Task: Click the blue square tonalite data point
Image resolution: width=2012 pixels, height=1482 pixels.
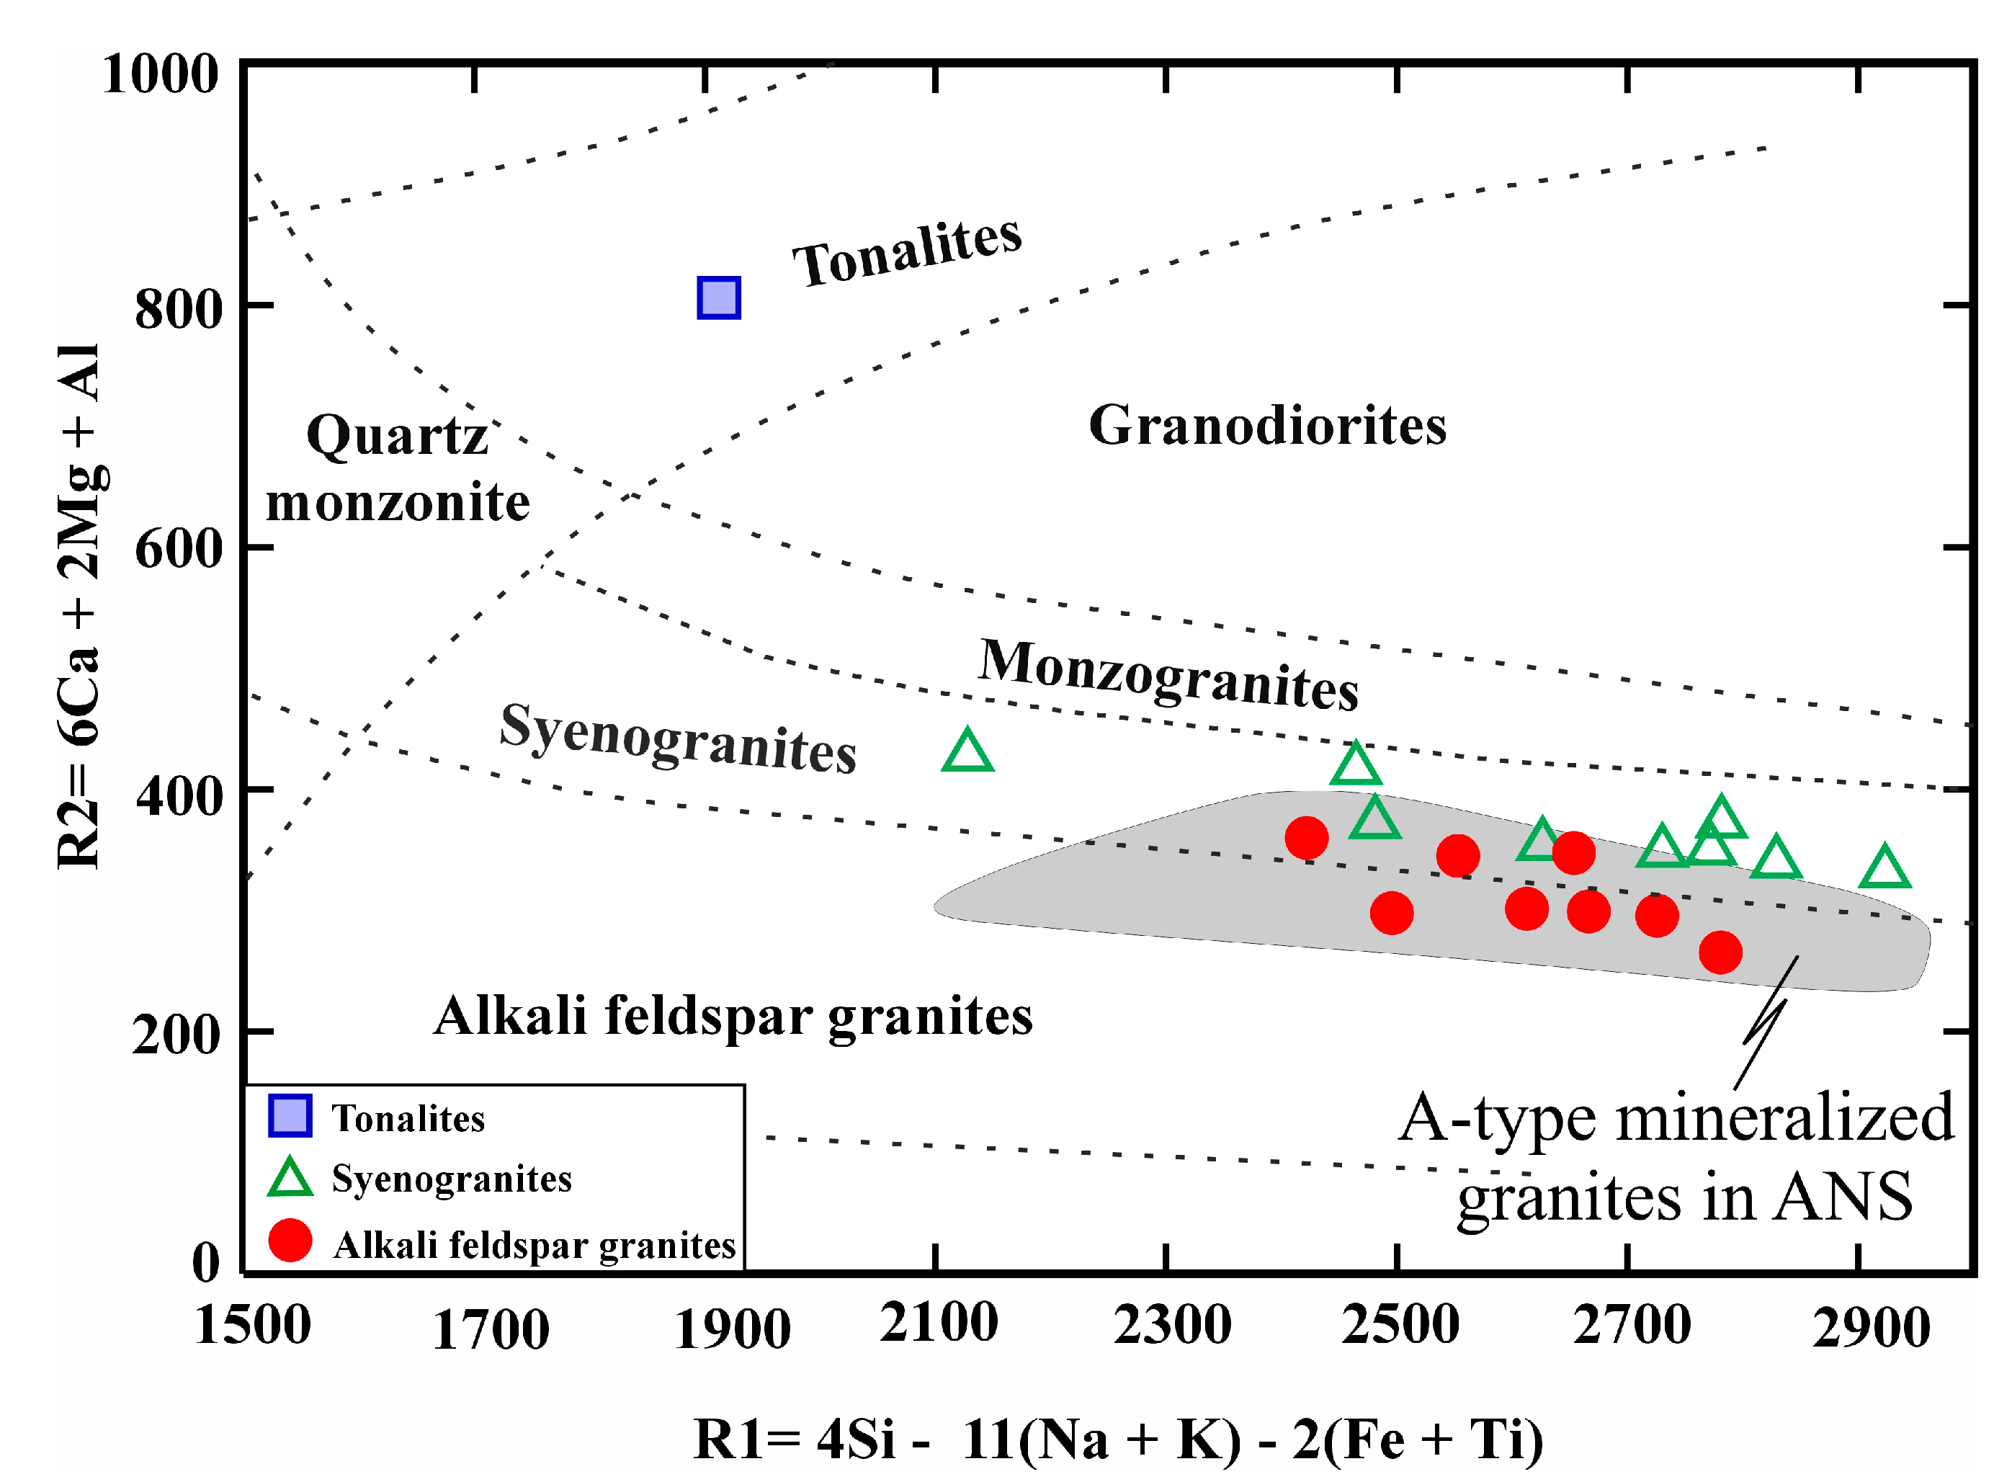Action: click(718, 298)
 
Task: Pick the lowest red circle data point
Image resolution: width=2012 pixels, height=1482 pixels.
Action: click(1720, 952)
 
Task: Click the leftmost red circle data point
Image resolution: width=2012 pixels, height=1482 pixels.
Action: click(1306, 838)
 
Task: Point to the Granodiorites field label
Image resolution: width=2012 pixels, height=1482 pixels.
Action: click(1266, 425)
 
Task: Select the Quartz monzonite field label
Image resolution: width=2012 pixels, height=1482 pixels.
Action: click(398, 468)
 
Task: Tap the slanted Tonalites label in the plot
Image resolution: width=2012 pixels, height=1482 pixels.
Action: click(906, 252)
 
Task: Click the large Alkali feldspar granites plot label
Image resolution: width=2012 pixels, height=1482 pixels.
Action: click(733, 1017)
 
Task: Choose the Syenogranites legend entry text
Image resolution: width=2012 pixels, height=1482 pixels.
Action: click(451, 1179)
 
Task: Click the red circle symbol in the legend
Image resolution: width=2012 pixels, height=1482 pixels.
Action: click(290, 1241)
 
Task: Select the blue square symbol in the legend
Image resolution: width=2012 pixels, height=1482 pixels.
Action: click(290, 1116)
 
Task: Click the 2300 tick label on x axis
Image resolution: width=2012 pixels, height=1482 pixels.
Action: click(1171, 1324)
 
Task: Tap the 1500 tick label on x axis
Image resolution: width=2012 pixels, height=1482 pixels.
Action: click(252, 1324)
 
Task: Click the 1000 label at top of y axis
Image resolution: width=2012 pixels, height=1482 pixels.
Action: click(160, 73)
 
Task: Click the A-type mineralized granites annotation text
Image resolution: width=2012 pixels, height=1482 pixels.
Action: click(1676, 1158)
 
